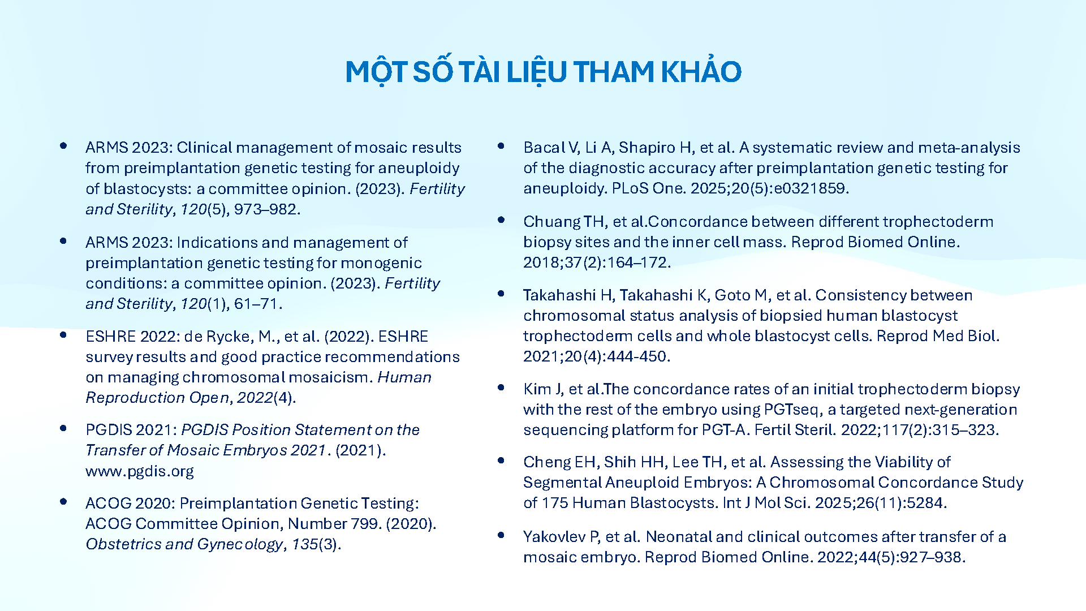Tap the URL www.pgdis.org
pos(140,471)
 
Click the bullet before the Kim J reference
pos(501,388)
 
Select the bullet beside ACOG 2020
pos(63,502)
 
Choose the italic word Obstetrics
pos(123,544)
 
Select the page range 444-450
pos(638,356)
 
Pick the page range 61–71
pos(256,304)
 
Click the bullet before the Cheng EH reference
pos(501,461)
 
